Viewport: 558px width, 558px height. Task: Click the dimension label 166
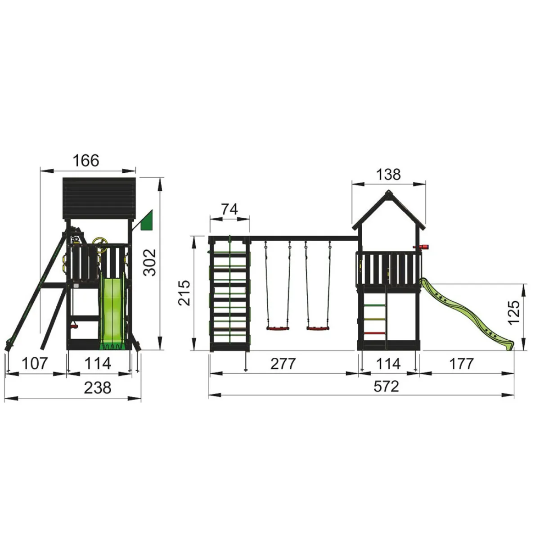coord(85,161)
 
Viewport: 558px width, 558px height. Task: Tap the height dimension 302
coord(150,262)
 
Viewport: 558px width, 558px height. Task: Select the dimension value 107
coord(35,364)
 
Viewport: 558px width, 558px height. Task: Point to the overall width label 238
coord(98,388)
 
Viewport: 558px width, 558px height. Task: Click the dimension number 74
coord(229,209)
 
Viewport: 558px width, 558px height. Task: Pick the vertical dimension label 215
coord(184,293)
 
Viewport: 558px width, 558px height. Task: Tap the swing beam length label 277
coord(283,364)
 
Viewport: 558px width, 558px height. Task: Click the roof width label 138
coord(388,175)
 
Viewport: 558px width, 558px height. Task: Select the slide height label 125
coord(514,313)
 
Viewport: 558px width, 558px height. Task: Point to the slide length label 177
coord(461,364)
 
